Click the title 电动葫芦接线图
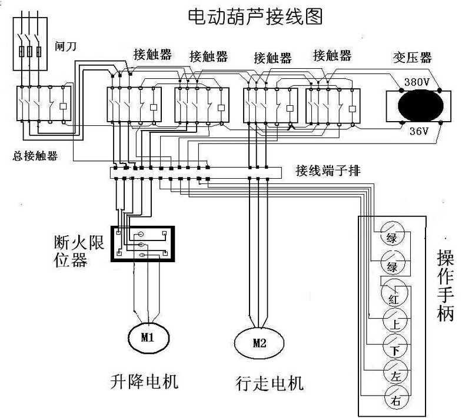[255, 15]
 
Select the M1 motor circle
[147, 337]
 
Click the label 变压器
[412, 58]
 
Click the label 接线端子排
[324, 172]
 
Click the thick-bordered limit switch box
[142, 244]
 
